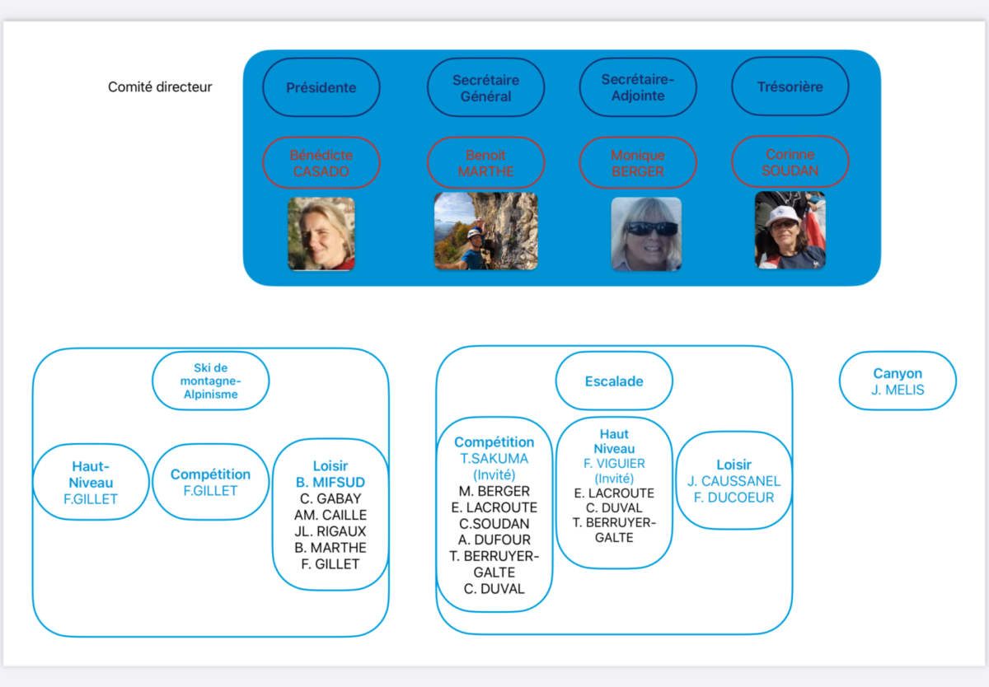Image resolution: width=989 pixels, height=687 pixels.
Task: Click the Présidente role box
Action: point(321,87)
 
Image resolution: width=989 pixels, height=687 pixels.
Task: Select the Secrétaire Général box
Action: point(485,87)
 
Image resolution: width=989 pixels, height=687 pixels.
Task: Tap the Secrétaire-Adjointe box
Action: point(638,87)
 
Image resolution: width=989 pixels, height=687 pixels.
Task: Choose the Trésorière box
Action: point(790,86)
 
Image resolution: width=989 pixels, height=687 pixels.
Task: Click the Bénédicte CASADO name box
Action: point(321,163)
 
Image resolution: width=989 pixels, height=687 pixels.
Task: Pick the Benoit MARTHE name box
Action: point(485,163)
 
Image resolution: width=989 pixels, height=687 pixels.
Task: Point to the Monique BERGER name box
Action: point(638,163)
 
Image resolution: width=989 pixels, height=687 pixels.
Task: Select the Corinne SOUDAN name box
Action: point(790,162)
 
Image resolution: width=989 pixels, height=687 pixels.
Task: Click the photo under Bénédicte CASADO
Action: point(321,233)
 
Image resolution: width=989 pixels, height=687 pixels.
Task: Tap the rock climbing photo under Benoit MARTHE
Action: point(485,231)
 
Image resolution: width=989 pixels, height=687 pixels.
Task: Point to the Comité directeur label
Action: point(160,87)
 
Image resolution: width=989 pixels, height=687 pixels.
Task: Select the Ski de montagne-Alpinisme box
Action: point(211,381)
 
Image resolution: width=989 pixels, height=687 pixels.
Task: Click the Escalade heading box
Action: point(614,381)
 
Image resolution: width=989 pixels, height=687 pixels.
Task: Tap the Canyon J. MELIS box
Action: point(898,381)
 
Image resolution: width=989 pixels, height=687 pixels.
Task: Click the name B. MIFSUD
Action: point(330,482)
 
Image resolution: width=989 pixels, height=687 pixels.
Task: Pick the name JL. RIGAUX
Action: point(330,530)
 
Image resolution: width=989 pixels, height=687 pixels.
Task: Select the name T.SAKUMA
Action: point(494,459)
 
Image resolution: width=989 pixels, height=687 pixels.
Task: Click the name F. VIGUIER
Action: point(614,463)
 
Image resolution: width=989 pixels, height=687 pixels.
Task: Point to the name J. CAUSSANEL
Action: point(734,481)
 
